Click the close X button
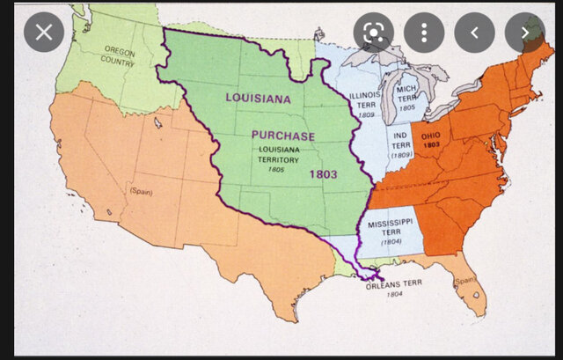pos(43,33)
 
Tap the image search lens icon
pos(373,33)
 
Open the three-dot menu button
pos(423,33)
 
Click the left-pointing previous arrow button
pos(474,33)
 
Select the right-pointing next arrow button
pos(524,33)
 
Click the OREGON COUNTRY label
pos(120,57)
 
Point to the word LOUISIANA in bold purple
pos(258,98)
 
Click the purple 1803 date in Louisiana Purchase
pos(324,174)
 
